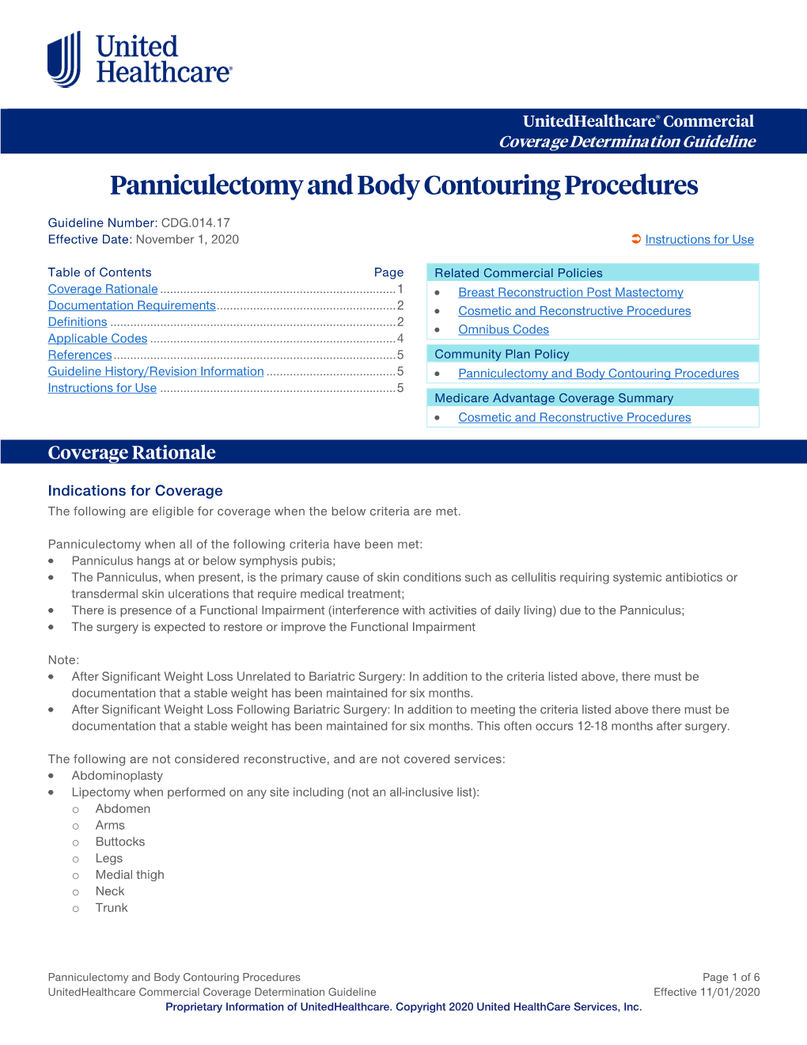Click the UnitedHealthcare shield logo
pos(64,59)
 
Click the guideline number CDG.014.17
pos(195,223)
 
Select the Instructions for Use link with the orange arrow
pos(699,240)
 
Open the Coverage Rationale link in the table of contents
pos(103,290)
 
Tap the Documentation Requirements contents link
pos(131,306)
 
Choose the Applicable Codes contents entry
pos(97,339)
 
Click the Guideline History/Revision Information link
pos(156,371)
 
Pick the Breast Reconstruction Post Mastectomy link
pos(570,293)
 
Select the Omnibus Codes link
pos(503,330)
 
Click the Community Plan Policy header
pos(502,355)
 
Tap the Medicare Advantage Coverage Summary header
pos(554,398)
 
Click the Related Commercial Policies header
pos(518,273)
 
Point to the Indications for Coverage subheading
pos(135,491)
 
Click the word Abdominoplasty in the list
pos(117,776)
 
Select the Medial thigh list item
pos(130,875)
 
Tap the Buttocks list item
pos(120,842)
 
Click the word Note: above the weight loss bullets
pos(63,660)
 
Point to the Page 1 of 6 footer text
pos(730,978)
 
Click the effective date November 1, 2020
pos(187,240)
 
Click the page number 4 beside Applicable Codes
pos(400,339)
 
